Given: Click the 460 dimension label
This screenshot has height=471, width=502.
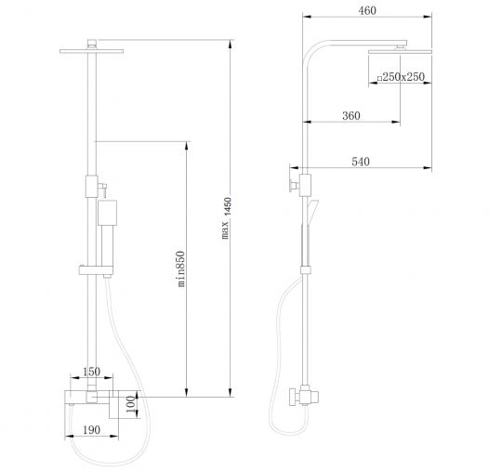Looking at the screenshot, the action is coord(367,11).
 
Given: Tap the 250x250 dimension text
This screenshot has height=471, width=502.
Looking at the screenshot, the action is coord(403,77).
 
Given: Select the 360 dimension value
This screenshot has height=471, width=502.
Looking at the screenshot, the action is coord(351,115).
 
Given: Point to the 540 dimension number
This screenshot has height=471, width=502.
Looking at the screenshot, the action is coord(361,162).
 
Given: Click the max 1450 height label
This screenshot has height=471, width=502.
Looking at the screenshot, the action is coord(226,218).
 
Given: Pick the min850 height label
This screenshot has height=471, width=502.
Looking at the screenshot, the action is coord(181,268).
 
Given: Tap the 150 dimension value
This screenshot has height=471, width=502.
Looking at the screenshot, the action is coord(91,372).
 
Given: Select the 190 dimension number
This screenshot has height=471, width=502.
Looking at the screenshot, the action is coord(91,430).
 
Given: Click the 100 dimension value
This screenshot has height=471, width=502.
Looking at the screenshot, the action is coord(131,404).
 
